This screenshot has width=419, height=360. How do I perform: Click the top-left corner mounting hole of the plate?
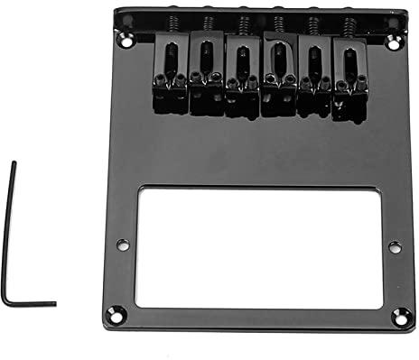127,40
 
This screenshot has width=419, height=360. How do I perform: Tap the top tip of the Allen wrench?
14,163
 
